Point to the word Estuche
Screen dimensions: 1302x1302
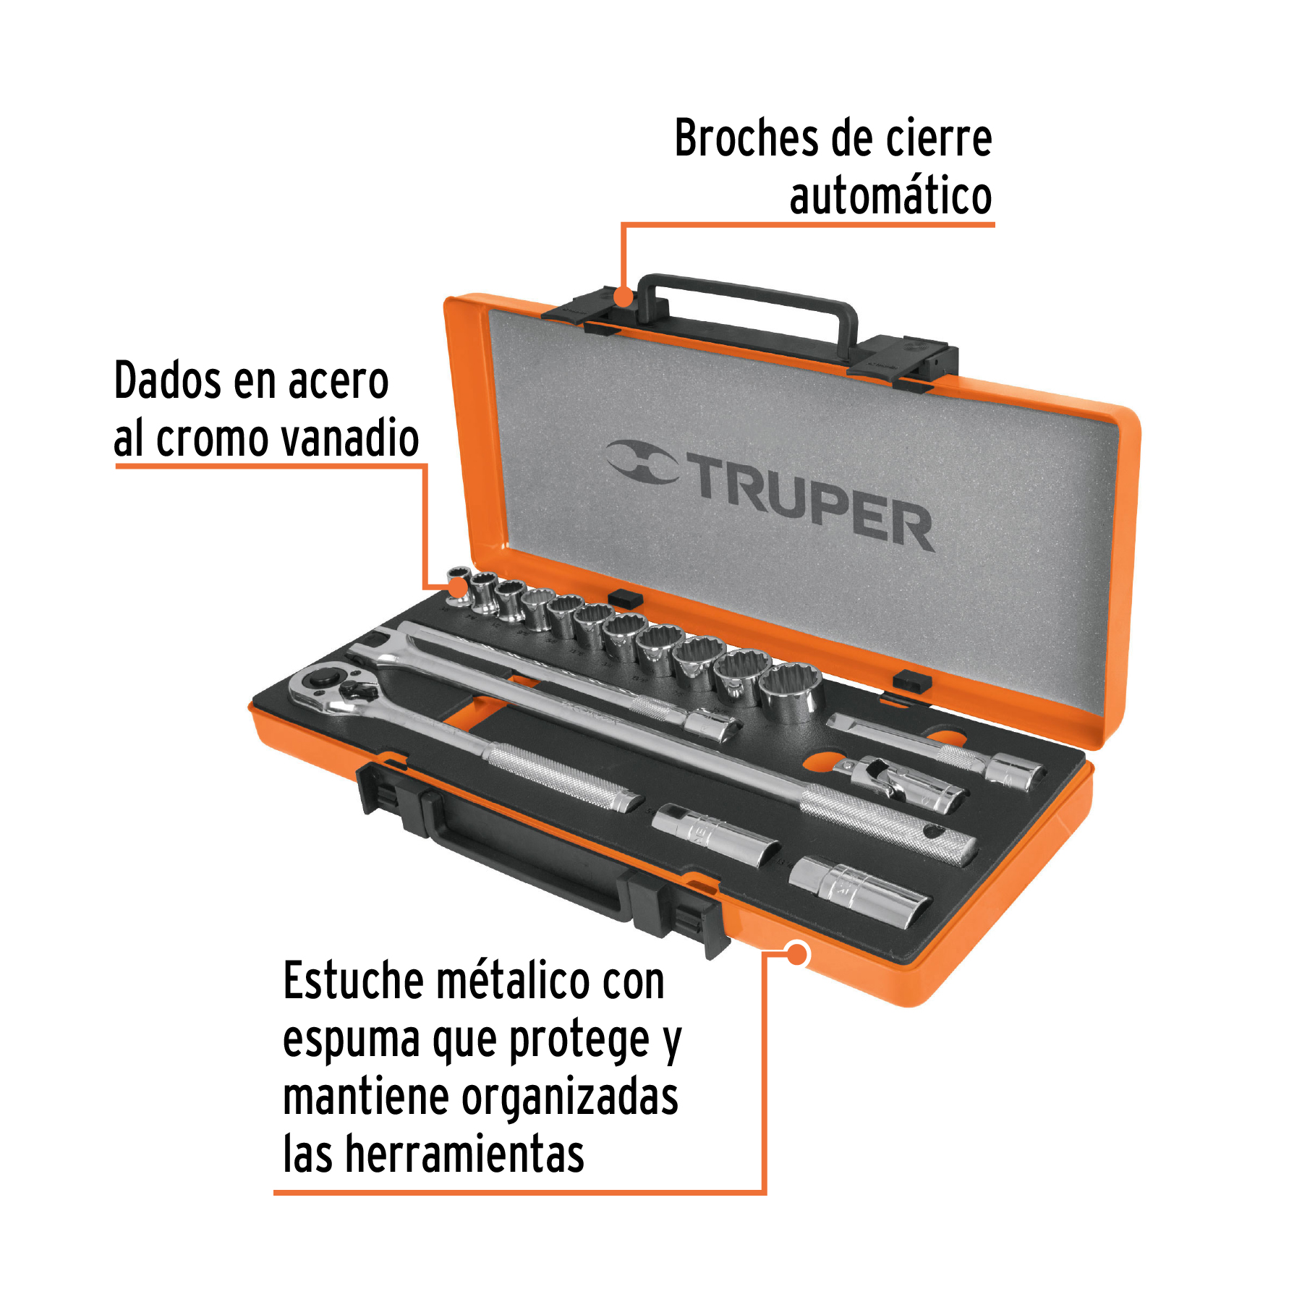[x=352, y=982]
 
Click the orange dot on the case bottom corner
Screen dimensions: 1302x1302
[x=797, y=954]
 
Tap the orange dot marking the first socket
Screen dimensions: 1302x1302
[x=459, y=587]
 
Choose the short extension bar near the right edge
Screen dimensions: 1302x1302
[x=940, y=749]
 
